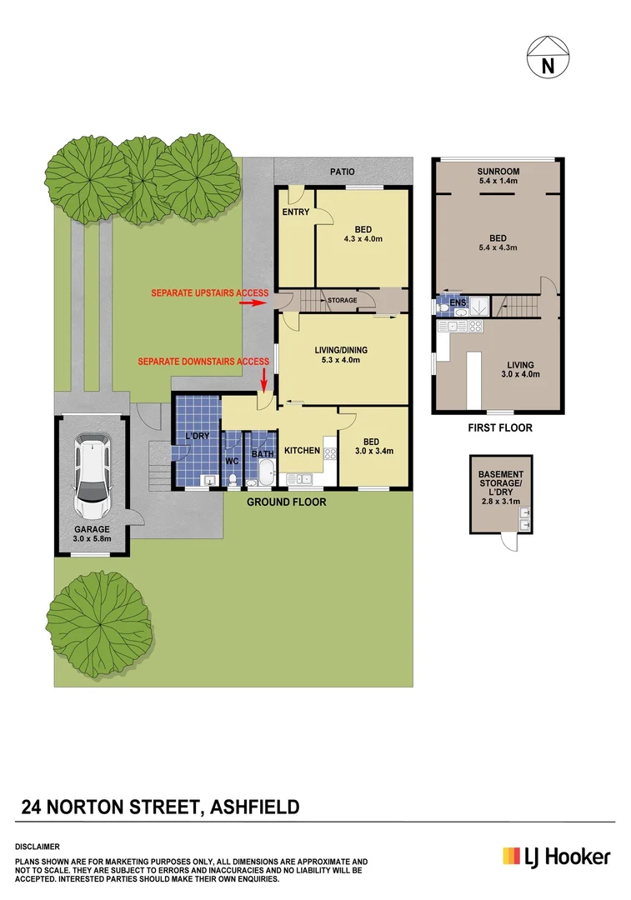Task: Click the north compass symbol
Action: pyautogui.click(x=548, y=57)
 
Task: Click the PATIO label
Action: pyautogui.click(x=342, y=172)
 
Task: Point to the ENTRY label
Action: pyautogui.click(x=295, y=212)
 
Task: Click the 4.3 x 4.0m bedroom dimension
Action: pyautogui.click(x=363, y=239)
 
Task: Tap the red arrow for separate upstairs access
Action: pyautogui.click(x=252, y=304)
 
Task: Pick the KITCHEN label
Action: pyautogui.click(x=302, y=450)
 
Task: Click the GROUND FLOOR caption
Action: pyautogui.click(x=287, y=502)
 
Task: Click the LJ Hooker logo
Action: pyautogui.click(x=555, y=856)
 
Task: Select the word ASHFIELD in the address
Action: pyautogui.click(x=254, y=807)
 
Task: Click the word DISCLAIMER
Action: pyautogui.click(x=38, y=846)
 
